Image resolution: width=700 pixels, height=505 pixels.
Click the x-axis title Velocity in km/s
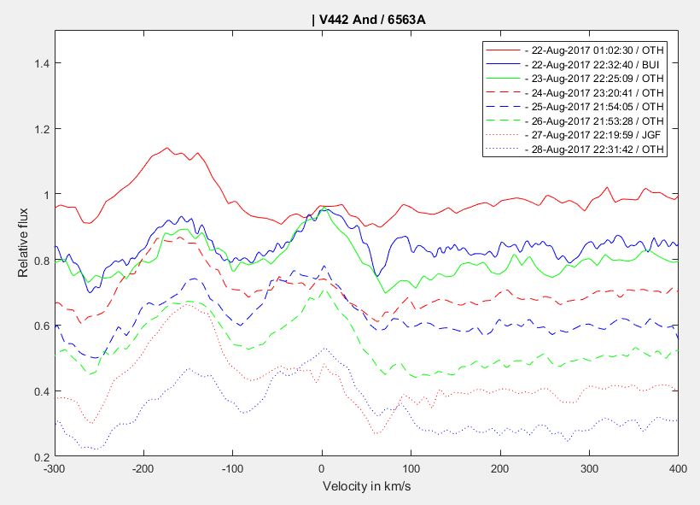pyautogui.click(x=366, y=486)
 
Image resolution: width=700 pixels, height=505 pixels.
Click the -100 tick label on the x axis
pyautogui.click(x=232, y=468)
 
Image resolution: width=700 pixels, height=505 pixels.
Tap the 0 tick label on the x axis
pyautogui.click(x=322, y=468)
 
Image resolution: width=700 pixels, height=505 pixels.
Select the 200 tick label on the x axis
pyautogui.click(x=500, y=468)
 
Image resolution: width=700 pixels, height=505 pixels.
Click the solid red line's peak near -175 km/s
pyautogui.click(x=166, y=148)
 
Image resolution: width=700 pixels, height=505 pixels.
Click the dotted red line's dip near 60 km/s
pyautogui.click(x=376, y=433)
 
